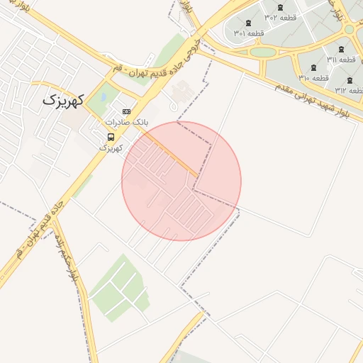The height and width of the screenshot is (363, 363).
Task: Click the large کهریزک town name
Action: pyautogui.click(x=62, y=100)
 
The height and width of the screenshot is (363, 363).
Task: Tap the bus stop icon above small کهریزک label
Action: pyautogui.click(x=111, y=137)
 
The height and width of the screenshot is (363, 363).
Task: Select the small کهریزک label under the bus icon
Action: pyautogui.click(x=111, y=147)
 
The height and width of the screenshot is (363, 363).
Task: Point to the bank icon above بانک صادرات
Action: pyautogui.click(x=127, y=111)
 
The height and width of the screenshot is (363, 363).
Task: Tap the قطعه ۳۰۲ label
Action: pyautogui.click(x=280, y=17)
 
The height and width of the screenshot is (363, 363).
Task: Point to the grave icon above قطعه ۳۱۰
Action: pyautogui.click(x=315, y=67)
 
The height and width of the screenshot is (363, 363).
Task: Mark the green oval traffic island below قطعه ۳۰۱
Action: pyautogui.click(x=262, y=52)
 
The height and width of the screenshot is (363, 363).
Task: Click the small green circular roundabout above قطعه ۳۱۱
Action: pyautogui.click(x=349, y=30)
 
